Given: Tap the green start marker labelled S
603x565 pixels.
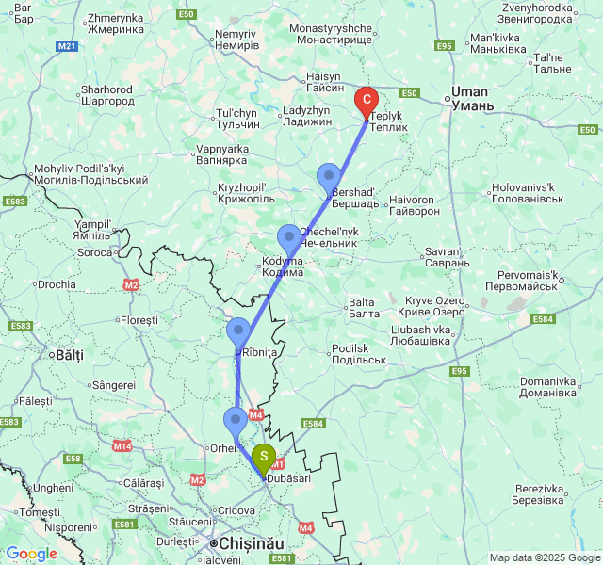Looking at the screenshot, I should point(265,458).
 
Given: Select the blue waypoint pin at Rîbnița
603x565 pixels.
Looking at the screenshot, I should point(238,331).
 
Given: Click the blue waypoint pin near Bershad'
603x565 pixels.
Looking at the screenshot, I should point(329,176).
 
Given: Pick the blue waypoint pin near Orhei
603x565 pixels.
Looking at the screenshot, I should point(236,421).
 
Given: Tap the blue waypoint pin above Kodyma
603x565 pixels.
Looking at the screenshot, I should point(288,237).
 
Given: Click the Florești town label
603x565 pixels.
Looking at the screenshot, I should point(139,320).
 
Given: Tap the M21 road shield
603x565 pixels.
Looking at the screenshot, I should point(66,45).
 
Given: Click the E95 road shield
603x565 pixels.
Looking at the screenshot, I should point(459,371).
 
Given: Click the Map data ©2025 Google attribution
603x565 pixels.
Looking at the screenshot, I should point(544,557).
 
